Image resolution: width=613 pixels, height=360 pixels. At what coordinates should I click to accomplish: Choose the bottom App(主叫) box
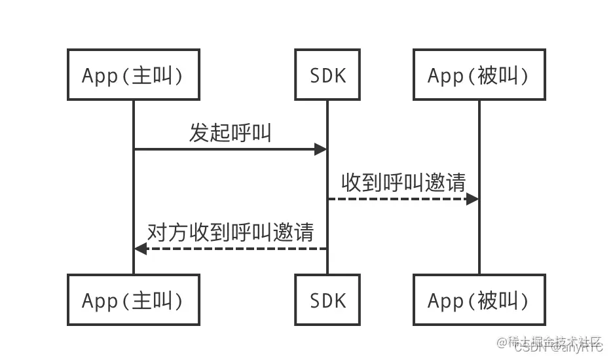[133, 300]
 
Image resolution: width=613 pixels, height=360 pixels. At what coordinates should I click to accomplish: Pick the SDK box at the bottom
[327, 300]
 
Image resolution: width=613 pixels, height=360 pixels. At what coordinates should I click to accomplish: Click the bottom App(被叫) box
[479, 300]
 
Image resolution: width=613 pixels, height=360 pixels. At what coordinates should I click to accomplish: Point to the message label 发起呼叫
[230, 133]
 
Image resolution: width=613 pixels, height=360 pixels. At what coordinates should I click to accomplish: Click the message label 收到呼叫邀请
[403, 183]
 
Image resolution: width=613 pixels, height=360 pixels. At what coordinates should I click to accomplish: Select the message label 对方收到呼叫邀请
[230, 232]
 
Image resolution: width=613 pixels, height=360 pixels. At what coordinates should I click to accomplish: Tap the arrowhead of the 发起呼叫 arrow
[321, 149]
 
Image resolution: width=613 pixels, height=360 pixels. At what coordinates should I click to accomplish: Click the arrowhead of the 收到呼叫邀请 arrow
[472, 199]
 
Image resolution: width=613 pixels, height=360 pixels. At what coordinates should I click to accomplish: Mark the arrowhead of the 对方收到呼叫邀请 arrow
[140, 249]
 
